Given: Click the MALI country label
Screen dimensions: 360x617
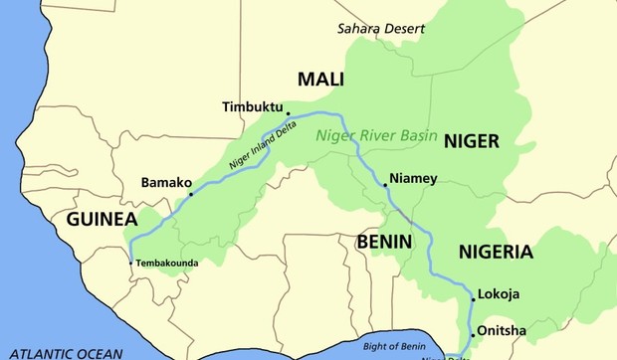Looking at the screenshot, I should coord(322,80).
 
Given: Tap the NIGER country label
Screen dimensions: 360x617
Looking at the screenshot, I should coord(472,141).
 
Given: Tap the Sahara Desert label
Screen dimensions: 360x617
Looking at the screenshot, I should coord(381,28).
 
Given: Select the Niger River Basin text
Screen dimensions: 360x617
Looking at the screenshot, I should coord(377,136).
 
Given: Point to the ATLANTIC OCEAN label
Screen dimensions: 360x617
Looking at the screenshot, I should coord(62,353).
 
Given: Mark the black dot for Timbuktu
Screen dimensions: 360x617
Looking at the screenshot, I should coord(288,113).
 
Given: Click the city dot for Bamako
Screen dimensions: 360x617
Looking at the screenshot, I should coord(191,194).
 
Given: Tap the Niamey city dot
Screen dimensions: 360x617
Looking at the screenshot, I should coord(385,185).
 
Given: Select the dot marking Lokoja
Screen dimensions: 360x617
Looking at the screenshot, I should coord(473,297).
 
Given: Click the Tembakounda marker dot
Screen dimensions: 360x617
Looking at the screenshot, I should coord(131,263).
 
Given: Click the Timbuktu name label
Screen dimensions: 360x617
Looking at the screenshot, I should coord(253,105).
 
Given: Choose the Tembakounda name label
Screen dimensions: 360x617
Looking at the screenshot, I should coord(168,264).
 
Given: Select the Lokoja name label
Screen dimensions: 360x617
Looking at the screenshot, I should coord(500,295).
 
